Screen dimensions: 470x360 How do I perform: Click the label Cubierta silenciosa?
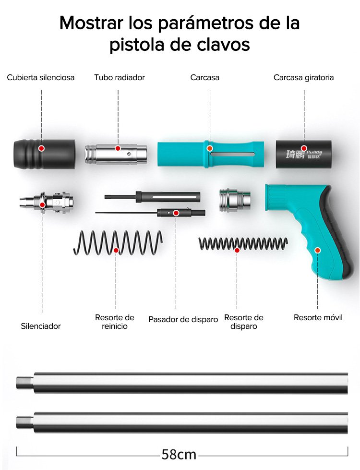41,77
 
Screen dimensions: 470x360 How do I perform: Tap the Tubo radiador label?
120,77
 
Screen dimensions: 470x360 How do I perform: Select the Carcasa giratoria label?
303,77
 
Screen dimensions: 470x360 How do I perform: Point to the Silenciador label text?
41,326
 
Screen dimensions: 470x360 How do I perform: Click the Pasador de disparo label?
183,319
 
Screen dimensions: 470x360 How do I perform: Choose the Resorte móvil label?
318,317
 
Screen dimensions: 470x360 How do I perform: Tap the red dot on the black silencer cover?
42,148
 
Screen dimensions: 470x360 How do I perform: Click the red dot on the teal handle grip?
317,250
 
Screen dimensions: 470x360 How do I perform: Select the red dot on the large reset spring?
116,250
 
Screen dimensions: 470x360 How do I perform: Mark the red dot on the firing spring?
237,250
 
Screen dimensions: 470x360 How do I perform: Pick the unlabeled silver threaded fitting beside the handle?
235,200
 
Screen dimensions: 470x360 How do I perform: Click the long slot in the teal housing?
233,155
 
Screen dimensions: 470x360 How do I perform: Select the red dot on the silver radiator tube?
118,148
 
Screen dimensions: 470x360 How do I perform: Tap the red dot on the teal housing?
210,149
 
